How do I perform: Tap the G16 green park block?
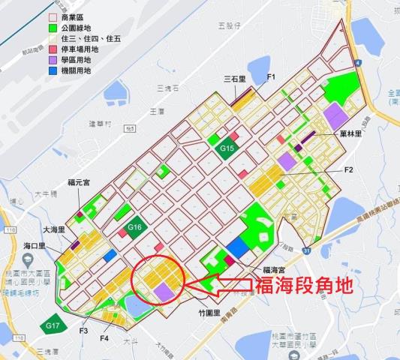pyautogui.click(x=135, y=227)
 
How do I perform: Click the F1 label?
pyautogui.click(x=272, y=77)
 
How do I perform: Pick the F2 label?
pyautogui.click(x=349, y=170)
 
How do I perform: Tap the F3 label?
pyautogui.click(x=83, y=329)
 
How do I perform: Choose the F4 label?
pyautogui.click(x=105, y=338)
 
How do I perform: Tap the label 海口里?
pyautogui.click(x=35, y=245)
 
